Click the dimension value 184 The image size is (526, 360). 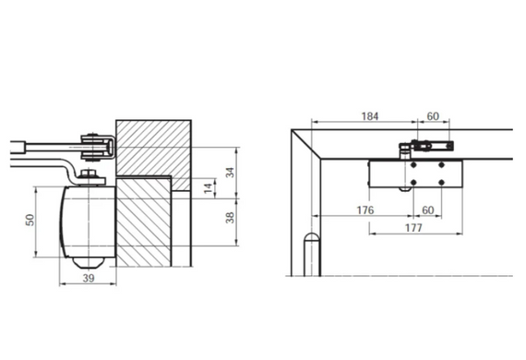(x=370, y=116)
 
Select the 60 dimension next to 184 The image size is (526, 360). (x=433, y=116)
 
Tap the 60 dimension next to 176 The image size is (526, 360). (x=427, y=210)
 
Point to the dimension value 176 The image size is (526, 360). (x=365, y=210)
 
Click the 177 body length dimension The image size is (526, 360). (x=413, y=228)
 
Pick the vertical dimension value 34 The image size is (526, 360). (x=230, y=173)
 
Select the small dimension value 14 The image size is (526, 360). (x=209, y=187)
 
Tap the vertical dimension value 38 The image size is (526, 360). (x=230, y=218)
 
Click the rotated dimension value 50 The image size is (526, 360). (x=30, y=220)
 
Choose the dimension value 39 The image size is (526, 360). (x=89, y=278)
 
